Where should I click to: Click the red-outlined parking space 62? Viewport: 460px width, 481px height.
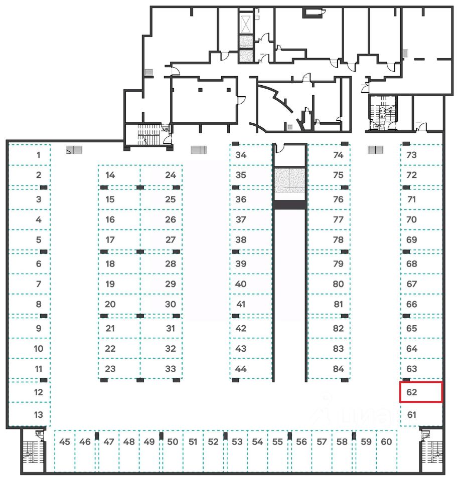point(420,392)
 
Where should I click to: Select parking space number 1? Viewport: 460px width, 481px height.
point(30,155)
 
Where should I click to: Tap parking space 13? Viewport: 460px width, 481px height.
point(30,415)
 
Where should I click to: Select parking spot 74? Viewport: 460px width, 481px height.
point(329,155)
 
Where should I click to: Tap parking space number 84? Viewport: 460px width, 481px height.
point(329,369)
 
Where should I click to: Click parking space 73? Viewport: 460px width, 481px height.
point(420,155)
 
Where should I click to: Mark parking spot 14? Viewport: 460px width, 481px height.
point(119,175)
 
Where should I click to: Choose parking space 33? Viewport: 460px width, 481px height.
point(162,369)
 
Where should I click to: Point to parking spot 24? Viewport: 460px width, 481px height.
point(162,175)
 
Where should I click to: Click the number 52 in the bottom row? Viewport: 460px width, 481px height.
point(213,442)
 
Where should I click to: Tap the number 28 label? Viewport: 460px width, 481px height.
point(171,264)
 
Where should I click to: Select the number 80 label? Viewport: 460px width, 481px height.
point(338,284)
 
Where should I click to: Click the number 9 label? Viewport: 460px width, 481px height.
point(39,329)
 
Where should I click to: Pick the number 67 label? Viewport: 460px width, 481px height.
point(412,284)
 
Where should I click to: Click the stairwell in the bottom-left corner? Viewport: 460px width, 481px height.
point(33,451)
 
